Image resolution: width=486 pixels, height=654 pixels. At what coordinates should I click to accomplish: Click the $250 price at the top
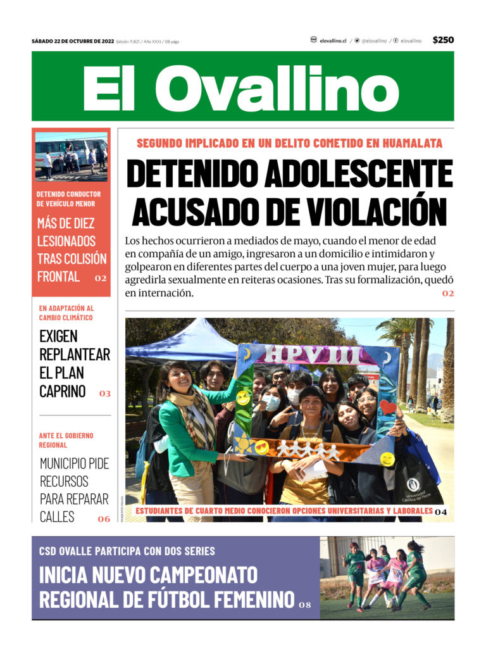click(x=443, y=40)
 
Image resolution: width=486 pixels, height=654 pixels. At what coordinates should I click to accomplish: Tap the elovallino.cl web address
click(x=333, y=41)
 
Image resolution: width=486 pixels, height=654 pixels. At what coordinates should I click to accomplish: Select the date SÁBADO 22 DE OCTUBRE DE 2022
click(x=73, y=41)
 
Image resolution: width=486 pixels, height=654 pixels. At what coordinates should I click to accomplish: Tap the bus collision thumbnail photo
click(x=71, y=156)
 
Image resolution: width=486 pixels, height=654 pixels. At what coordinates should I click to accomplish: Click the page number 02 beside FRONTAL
click(x=101, y=278)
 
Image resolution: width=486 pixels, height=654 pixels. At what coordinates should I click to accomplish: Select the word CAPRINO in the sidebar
click(x=62, y=391)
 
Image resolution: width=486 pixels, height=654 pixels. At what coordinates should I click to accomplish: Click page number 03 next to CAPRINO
click(x=104, y=393)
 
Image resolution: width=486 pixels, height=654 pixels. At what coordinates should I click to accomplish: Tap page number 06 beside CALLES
click(x=103, y=519)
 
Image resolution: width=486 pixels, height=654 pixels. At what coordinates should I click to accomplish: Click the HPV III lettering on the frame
click(x=313, y=355)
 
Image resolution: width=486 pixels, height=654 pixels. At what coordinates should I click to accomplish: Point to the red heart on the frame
click(x=387, y=407)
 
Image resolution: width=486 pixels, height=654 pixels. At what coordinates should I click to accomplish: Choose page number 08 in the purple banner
click(x=305, y=605)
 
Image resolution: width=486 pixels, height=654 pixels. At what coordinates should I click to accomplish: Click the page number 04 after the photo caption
click(x=441, y=511)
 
